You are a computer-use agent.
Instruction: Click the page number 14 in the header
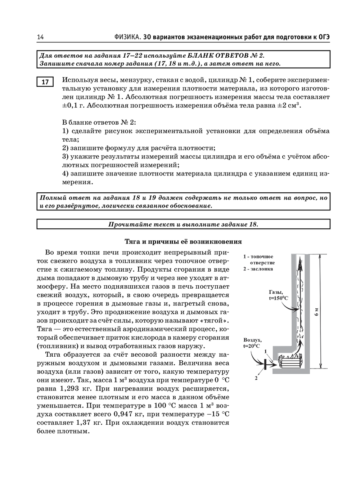coord(40,37)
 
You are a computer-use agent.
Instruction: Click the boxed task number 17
coord(45,82)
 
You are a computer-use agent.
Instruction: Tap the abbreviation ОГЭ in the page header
coord(324,37)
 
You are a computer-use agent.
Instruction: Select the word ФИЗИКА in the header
coord(127,37)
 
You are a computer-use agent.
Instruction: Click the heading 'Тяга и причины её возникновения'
coord(183,241)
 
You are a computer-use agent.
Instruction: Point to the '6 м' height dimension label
coord(316,312)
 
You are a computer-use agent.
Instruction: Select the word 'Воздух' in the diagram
coord(252,340)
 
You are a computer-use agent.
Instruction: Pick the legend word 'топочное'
coord(262,257)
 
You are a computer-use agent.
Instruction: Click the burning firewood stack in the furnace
coord(290,361)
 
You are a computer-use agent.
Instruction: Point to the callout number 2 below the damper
coord(256,378)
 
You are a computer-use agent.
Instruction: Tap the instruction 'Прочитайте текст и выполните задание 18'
coord(183,224)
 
